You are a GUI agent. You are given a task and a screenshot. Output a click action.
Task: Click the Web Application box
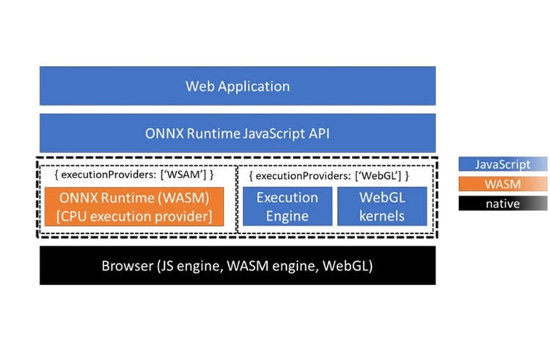237,86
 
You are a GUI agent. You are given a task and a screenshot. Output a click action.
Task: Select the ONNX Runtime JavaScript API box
237,133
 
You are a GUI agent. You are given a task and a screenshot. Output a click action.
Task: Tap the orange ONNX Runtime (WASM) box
137,207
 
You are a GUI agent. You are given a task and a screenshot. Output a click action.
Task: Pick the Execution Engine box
287,207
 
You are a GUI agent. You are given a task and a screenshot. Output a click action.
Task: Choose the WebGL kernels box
382,207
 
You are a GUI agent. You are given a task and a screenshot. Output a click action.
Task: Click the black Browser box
237,265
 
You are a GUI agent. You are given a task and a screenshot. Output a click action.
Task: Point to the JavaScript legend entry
502,164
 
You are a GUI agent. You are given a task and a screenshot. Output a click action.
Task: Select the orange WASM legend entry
502,184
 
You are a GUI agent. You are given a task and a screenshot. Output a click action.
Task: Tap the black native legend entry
502,203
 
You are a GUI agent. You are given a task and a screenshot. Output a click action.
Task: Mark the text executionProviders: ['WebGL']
329,176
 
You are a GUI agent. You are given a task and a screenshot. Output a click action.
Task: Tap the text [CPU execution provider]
137,216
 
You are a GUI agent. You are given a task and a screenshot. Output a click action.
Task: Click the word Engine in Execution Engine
287,216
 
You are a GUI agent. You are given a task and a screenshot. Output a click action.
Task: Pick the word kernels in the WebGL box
382,216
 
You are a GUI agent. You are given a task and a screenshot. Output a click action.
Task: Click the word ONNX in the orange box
81,198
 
